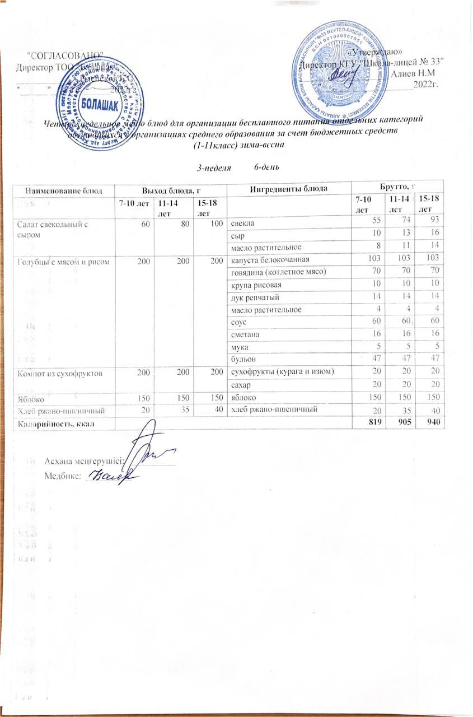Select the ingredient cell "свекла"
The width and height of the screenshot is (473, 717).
[242, 224]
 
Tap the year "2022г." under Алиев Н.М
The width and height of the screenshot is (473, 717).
[425, 85]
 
